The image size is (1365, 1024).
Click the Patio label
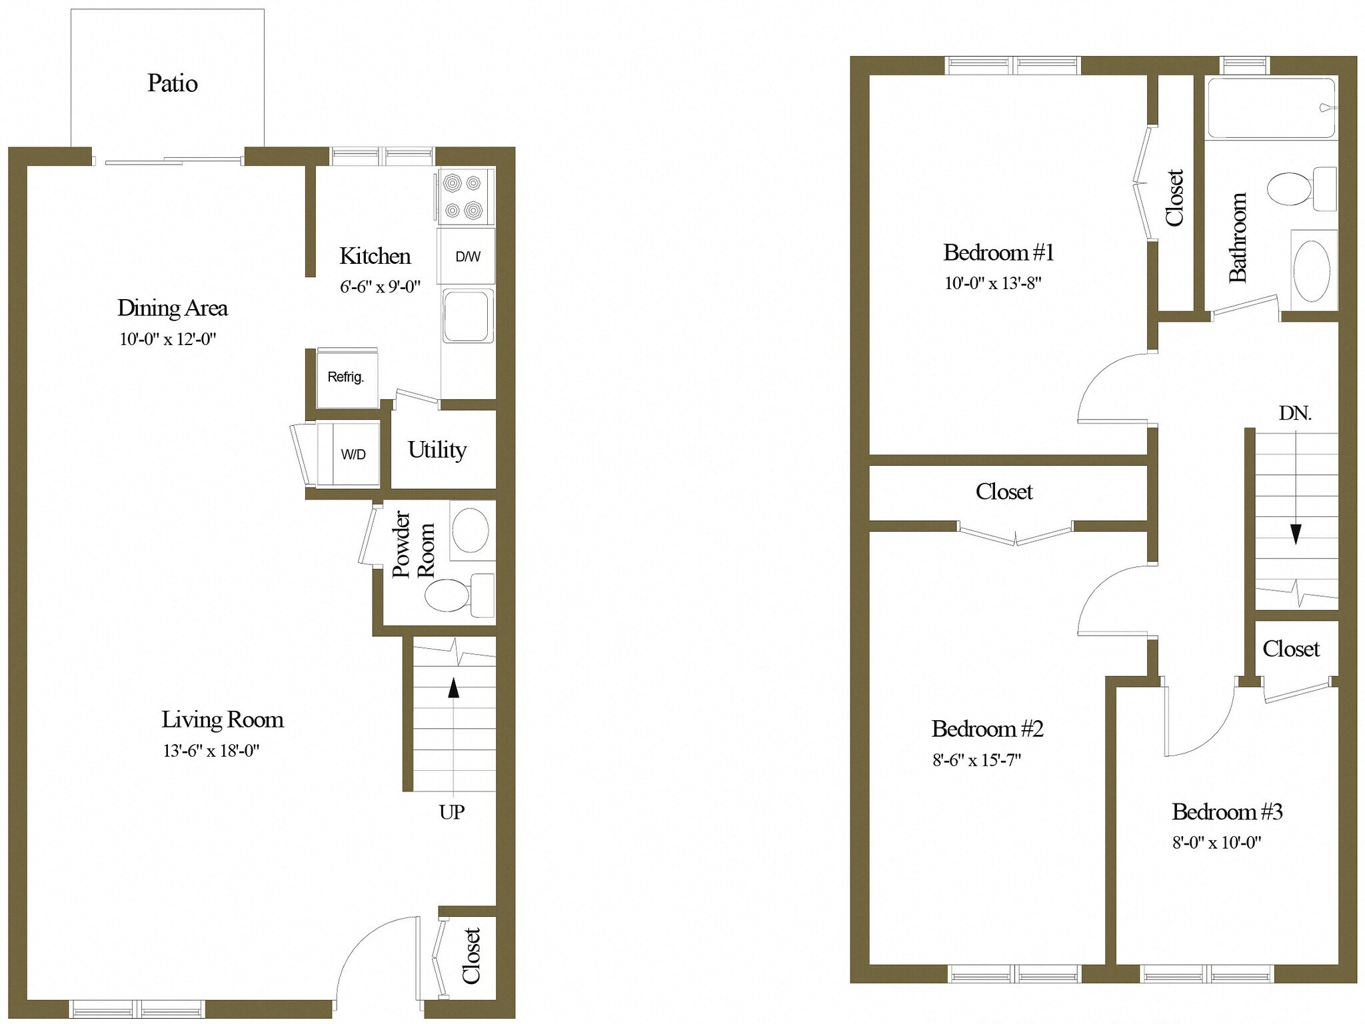click(172, 83)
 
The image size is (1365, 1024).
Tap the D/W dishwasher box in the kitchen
click(467, 256)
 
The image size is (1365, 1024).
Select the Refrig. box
click(347, 378)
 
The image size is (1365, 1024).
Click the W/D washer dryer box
click(353, 454)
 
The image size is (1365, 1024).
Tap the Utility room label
click(437, 450)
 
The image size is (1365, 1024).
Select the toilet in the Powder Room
click(447, 595)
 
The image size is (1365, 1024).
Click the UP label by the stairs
click(451, 812)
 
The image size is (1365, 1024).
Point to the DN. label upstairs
click(1294, 414)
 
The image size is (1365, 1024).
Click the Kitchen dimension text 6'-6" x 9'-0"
click(380, 287)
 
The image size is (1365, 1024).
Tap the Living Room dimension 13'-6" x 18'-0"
click(211, 751)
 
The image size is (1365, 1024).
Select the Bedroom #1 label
click(998, 253)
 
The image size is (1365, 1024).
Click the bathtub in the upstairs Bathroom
click(1270, 108)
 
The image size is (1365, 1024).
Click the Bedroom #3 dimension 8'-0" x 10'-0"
click(1216, 843)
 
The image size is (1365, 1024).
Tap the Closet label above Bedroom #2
click(1004, 492)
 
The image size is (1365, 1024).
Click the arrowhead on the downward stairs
click(1296, 534)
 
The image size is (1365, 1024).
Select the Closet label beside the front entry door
click(471, 955)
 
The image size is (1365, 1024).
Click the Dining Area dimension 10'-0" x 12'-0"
click(167, 339)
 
